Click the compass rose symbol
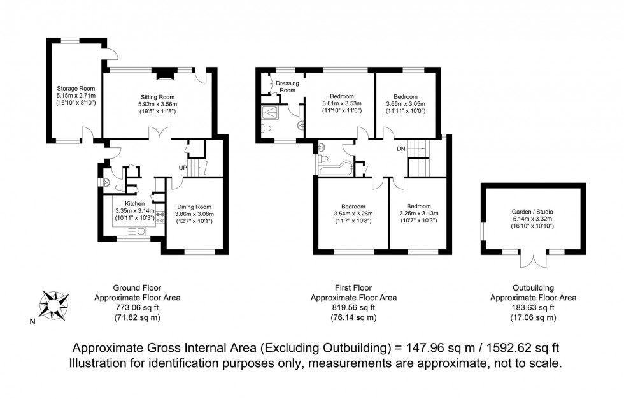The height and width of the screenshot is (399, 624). [53, 304]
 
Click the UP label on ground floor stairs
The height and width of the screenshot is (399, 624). [182, 168]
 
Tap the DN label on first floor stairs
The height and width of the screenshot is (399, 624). [401, 149]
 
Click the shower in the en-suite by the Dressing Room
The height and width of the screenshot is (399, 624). [273, 112]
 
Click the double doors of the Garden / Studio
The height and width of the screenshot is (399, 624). [533, 260]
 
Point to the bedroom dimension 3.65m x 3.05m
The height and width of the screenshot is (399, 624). [406, 104]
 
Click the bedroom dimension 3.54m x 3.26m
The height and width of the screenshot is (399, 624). [353, 214]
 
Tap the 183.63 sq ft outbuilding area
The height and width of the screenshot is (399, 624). [533, 307]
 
